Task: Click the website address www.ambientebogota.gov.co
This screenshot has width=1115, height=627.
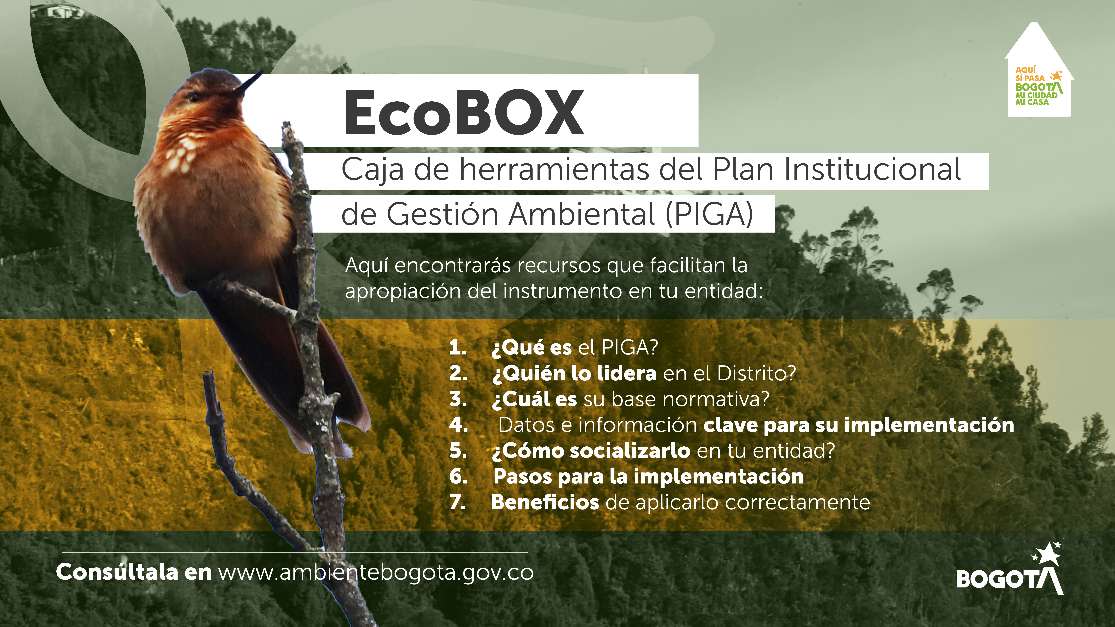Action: [x=376, y=573]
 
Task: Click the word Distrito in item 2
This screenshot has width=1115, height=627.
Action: [x=756, y=373]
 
